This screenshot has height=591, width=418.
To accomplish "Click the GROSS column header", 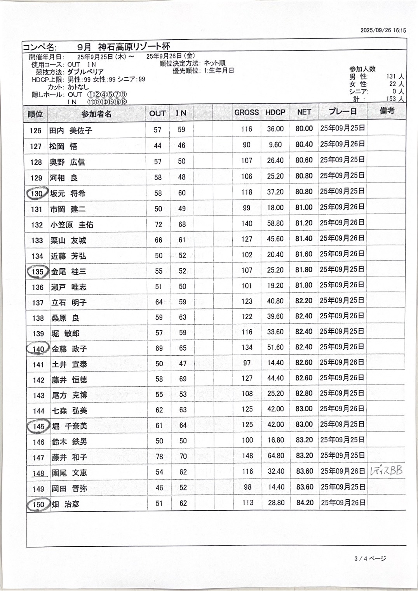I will [x=246, y=113].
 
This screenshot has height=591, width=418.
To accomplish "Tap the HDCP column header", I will [x=275, y=113].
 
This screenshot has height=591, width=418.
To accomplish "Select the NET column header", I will [x=304, y=112].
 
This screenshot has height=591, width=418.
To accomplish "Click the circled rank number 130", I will [x=37, y=193].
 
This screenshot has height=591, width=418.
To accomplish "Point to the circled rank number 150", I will [x=38, y=504].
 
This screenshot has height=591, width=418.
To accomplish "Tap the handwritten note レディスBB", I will [x=386, y=471].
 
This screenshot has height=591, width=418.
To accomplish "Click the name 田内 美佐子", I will [x=71, y=130].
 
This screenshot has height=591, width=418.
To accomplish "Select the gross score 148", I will [x=247, y=456].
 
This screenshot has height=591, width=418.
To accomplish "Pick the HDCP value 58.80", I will [x=275, y=224].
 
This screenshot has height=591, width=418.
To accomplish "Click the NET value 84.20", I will [x=305, y=503].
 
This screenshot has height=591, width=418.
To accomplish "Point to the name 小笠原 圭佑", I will [x=72, y=225].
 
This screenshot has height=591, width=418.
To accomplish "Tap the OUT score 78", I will [x=159, y=457].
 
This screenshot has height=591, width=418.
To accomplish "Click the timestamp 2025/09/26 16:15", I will [x=383, y=30].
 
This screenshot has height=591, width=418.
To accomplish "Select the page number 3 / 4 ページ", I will [x=370, y=558].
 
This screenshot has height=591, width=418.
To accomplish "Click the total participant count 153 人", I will [x=395, y=99].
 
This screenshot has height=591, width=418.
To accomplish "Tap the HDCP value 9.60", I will [x=275, y=145].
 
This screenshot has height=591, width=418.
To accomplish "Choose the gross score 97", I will [x=247, y=363].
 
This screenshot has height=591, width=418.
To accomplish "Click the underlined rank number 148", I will [x=38, y=473].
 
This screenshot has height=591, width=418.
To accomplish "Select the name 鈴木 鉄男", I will [x=70, y=442].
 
